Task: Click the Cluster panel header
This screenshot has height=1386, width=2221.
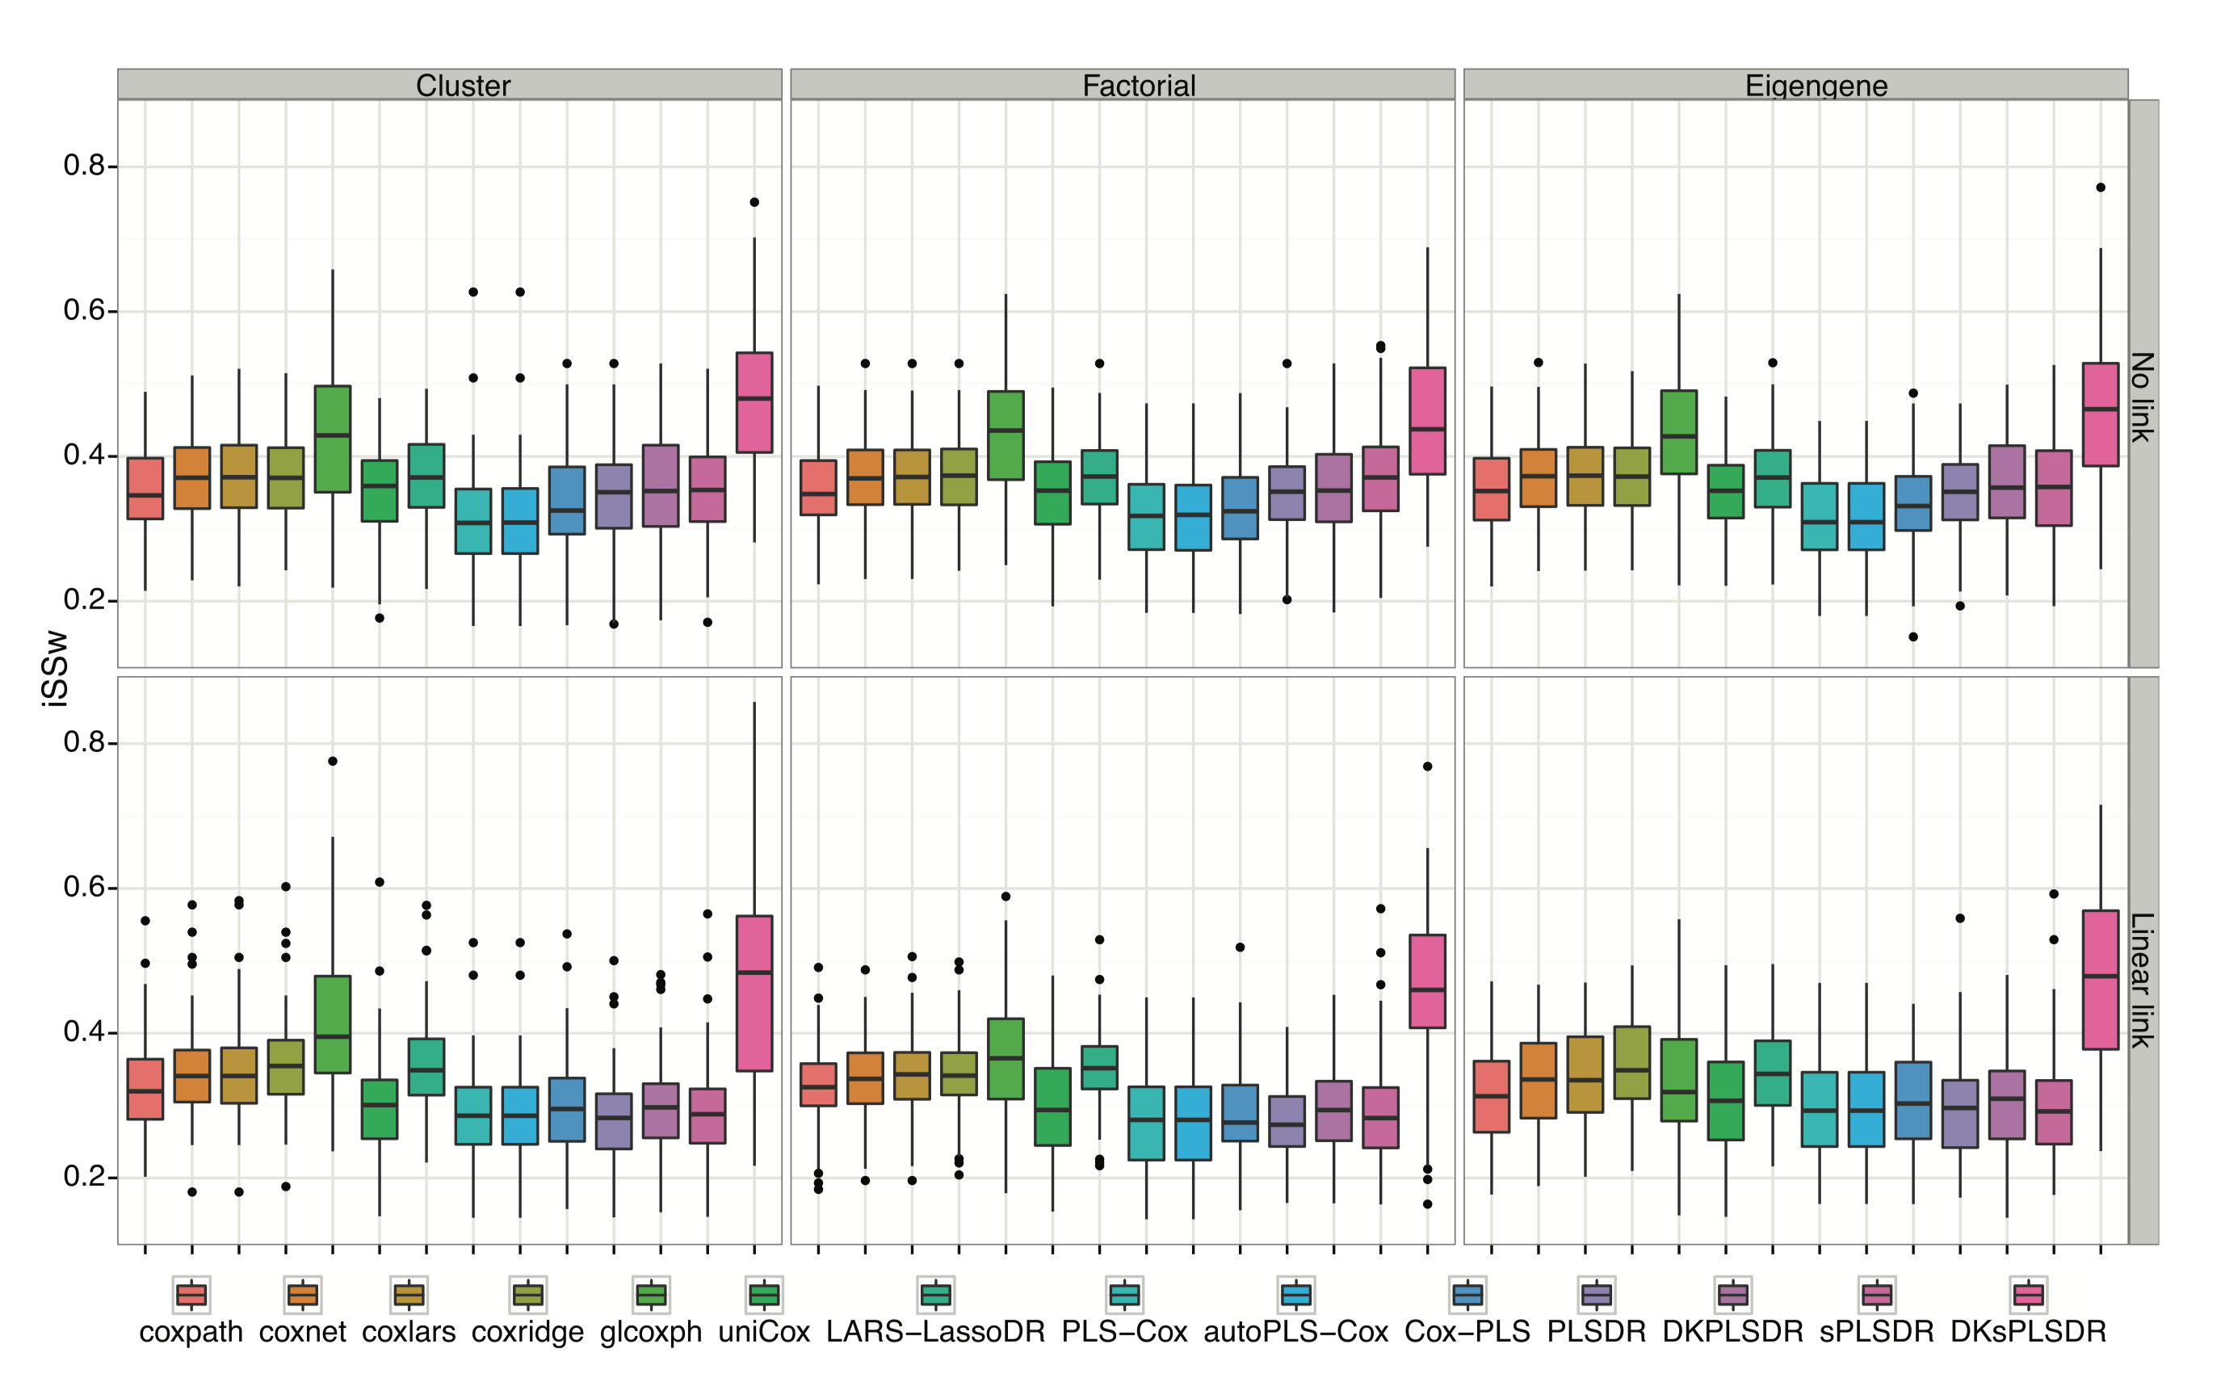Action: pyautogui.click(x=463, y=86)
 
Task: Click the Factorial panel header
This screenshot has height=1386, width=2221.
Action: pyautogui.click(x=1139, y=86)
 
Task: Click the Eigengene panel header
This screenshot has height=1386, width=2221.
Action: pyautogui.click(x=1815, y=86)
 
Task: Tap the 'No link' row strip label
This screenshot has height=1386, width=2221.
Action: pyautogui.click(x=2141, y=397)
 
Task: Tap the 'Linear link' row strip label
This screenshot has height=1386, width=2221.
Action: pyautogui.click(x=2141, y=980)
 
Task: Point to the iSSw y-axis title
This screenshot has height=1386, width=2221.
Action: pyautogui.click(x=55, y=668)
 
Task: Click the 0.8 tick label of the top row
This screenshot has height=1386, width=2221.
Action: pyautogui.click(x=84, y=166)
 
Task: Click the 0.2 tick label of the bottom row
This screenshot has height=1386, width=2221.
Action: pyautogui.click(x=84, y=1177)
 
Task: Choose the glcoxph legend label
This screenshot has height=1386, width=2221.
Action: pyautogui.click(x=651, y=1331)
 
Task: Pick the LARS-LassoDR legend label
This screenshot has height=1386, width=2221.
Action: pyautogui.click(x=935, y=1331)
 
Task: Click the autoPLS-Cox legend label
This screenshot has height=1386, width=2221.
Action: pyautogui.click(x=1295, y=1331)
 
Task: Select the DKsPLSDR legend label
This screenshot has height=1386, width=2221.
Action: pyautogui.click(x=2028, y=1331)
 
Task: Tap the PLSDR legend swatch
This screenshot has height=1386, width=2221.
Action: pyautogui.click(x=1596, y=1295)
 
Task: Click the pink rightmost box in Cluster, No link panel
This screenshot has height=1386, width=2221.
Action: pyautogui.click(x=754, y=402)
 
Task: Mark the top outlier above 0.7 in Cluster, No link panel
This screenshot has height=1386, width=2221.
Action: pyautogui.click(x=754, y=203)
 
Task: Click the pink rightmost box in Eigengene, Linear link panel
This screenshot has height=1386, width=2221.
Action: pyautogui.click(x=2100, y=980)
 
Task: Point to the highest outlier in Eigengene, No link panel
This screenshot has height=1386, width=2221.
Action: pyautogui.click(x=2100, y=188)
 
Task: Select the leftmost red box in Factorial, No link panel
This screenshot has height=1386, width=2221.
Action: pyautogui.click(x=817, y=488)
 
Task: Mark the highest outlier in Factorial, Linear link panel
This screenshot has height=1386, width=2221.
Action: pyautogui.click(x=1427, y=766)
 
